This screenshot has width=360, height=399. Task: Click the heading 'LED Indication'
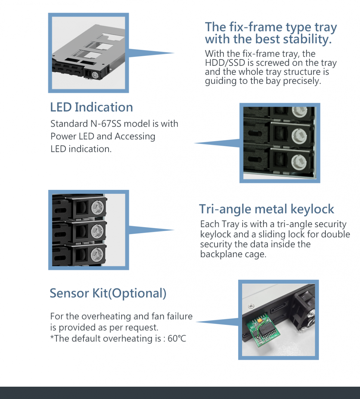91,107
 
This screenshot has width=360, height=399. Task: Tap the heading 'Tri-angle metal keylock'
266,209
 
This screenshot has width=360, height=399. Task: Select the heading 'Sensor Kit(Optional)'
108,293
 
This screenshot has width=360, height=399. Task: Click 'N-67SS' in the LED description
106,124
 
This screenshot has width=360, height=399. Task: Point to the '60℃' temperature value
177,338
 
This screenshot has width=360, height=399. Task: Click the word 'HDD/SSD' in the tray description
225,63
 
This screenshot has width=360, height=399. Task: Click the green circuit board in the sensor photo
263,331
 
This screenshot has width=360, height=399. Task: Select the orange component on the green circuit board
259,320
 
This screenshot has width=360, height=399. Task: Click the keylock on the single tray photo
95,74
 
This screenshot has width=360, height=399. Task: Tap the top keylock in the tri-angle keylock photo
97,208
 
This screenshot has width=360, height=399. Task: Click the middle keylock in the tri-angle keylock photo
97,231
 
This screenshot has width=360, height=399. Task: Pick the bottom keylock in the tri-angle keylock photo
97,255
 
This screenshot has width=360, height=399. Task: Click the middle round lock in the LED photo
299,136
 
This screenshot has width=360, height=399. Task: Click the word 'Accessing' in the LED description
135,137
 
